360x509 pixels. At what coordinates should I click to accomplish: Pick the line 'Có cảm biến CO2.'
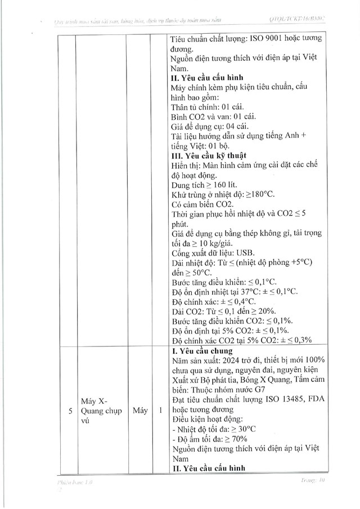pyautogui.click(x=202, y=204)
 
